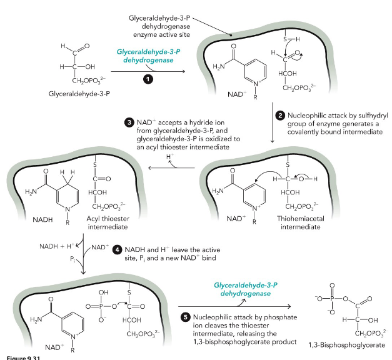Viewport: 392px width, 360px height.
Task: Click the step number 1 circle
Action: click(x=148, y=79)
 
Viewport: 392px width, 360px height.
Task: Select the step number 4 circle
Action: click(x=117, y=251)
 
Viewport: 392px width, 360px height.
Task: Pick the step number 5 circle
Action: click(x=186, y=317)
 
